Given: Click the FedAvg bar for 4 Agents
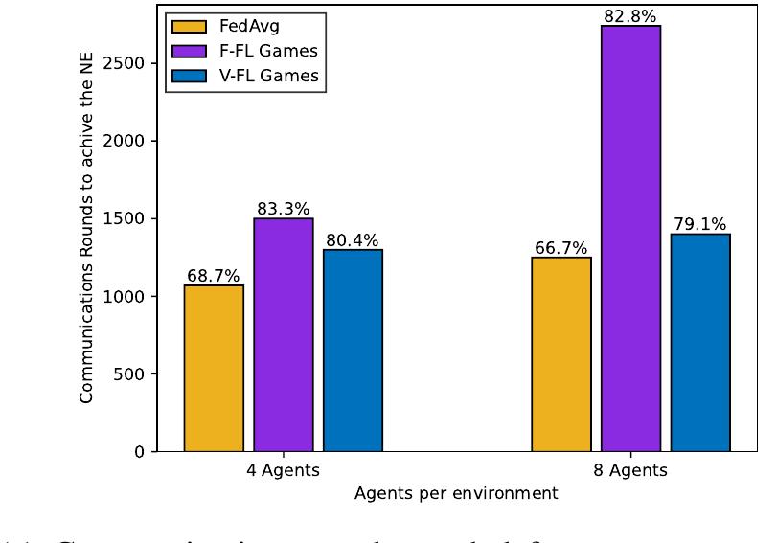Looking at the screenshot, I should pyautogui.click(x=214, y=369).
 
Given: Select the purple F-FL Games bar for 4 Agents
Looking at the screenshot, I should pyautogui.click(x=284, y=335).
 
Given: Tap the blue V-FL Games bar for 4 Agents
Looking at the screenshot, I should pyautogui.click(x=353, y=351).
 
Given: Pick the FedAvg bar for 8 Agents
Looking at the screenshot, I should pyautogui.click(x=561, y=354).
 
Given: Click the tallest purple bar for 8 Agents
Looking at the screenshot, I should pyautogui.click(x=630, y=238).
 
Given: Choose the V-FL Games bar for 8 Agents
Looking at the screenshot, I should pyautogui.click(x=700, y=343).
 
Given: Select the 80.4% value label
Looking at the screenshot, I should pyautogui.click(x=353, y=240).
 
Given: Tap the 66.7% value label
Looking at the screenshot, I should pyautogui.click(x=561, y=249).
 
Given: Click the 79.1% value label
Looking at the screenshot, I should pyautogui.click(x=700, y=225).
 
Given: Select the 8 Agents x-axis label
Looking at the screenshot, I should pyautogui.click(x=630, y=471).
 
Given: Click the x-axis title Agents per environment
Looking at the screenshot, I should pyautogui.click(x=456, y=495).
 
